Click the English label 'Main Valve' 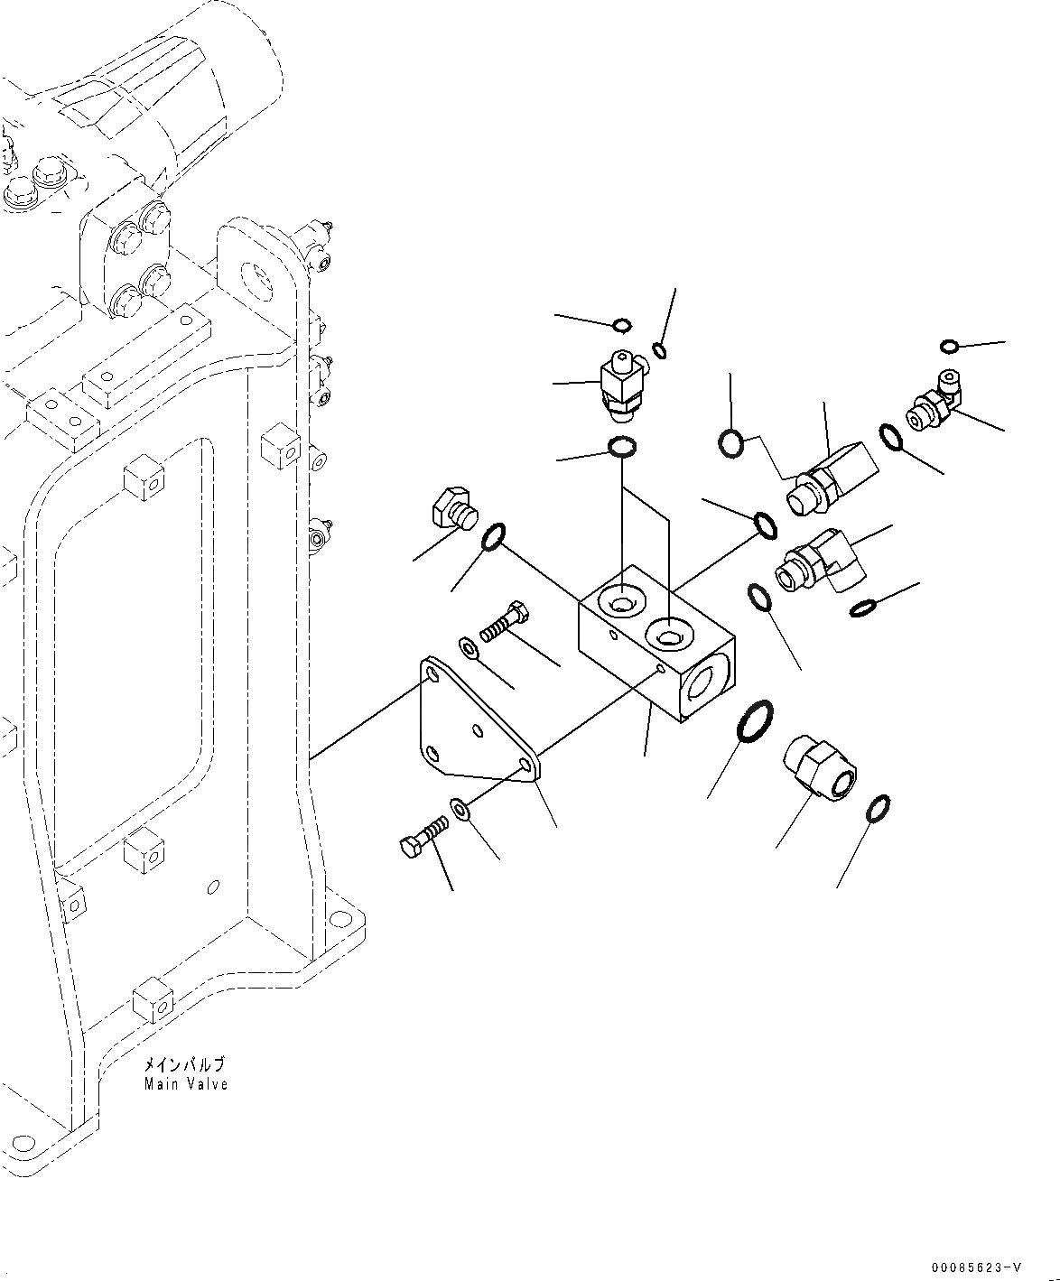pos(186,1084)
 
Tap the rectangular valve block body pos(655,645)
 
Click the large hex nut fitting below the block pos(820,766)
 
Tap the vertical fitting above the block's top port pos(621,385)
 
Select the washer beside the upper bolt pos(470,647)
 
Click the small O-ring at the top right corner pos(949,347)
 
